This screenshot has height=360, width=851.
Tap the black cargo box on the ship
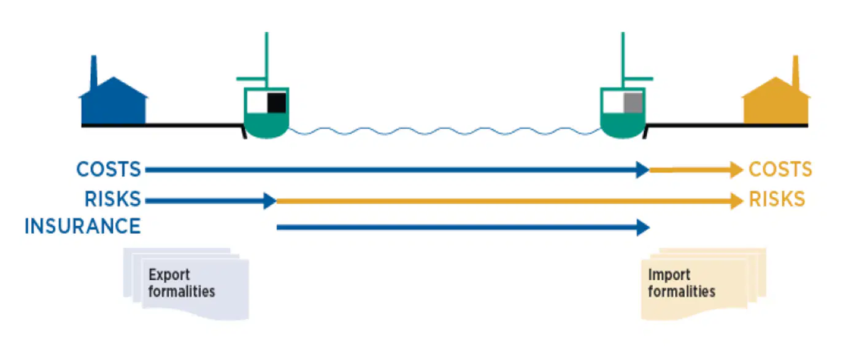point(277,102)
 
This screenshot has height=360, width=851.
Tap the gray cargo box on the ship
point(633,102)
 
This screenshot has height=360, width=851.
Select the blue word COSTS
point(109,169)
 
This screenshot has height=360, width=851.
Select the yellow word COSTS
point(780,169)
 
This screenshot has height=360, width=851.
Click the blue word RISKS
point(113,199)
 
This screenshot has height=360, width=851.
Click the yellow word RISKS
point(777,199)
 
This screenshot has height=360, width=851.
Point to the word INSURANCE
point(83,226)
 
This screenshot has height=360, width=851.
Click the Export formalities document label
point(182,283)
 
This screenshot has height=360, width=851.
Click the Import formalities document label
point(682,283)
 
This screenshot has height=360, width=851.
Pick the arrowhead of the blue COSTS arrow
point(643,170)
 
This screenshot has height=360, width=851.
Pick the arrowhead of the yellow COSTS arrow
point(737,170)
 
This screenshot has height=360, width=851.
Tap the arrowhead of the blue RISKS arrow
point(270,201)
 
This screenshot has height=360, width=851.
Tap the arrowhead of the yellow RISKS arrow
point(737,201)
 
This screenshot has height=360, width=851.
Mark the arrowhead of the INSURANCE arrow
point(643,228)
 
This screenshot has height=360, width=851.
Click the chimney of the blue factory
point(93,72)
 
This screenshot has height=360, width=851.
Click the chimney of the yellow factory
point(796,72)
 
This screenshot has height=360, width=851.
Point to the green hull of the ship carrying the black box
point(266,125)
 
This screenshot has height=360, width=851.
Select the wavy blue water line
point(444,131)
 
